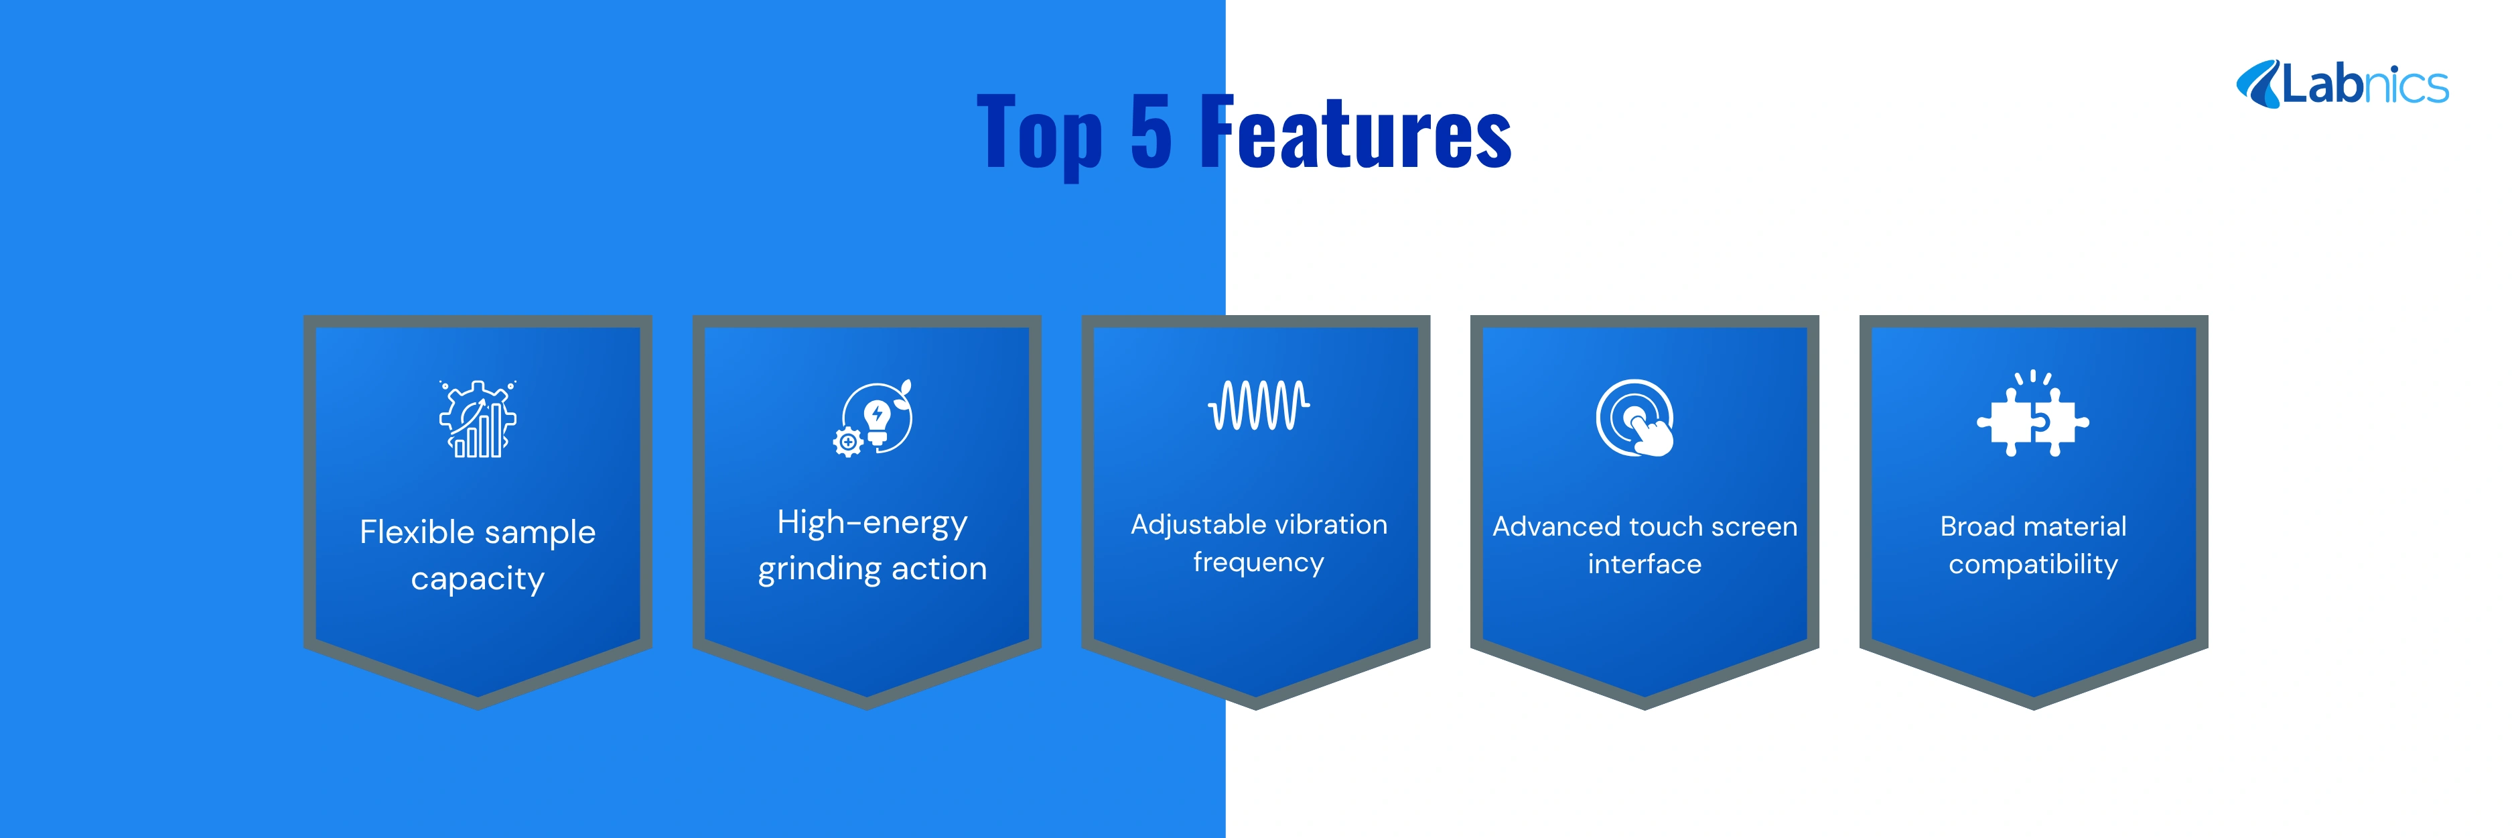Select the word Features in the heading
click(x=1355, y=131)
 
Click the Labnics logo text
click(x=2365, y=85)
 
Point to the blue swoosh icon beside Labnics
click(x=2257, y=84)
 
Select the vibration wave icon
click(x=1259, y=405)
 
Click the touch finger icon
click(x=1635, y=418)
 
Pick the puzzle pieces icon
click(x=2032, y=414)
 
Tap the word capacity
click(x=478, y=579)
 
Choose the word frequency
click(x=1259, y=563)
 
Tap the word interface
click(x=1644, y=564)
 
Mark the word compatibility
click(x=2033, y=565)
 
